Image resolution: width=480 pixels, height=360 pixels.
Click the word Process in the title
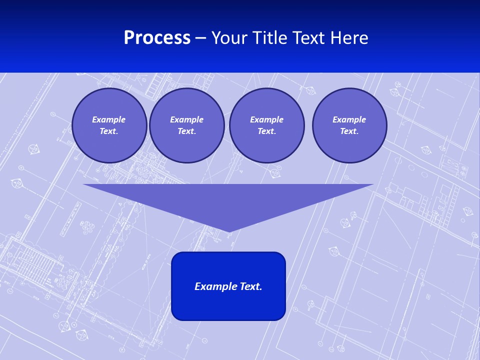click(x=157, y=38)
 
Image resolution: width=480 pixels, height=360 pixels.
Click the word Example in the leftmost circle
click(x=109, y=119)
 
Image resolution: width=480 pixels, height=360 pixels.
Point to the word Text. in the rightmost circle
click(x=349, y=131)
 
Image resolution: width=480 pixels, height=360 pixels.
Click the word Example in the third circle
click(x=266, y=119)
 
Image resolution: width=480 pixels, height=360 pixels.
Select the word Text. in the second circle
click(x=186, y=131)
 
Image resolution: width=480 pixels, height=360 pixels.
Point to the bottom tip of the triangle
click(x=229, y=231)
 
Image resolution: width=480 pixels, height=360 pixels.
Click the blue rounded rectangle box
click(x=228, y=305)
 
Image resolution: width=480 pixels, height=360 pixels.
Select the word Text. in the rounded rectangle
click(x=251, y=286)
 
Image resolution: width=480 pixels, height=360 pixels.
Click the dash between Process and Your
click(x=200, y=38)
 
